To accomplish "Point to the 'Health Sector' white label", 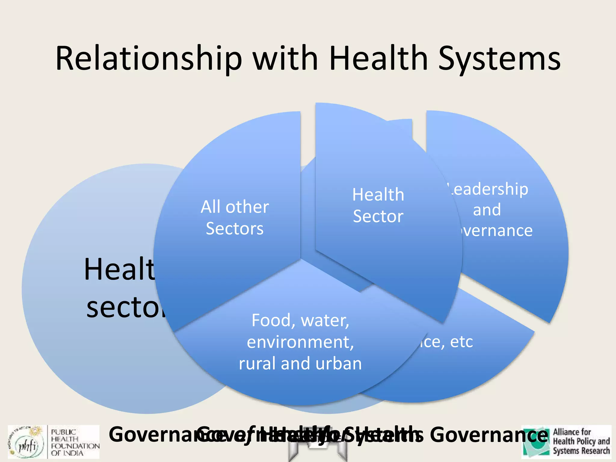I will [x=378, y=205].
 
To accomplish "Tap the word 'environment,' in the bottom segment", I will [x=300, y=342].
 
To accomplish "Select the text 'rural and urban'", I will [x=300, y=363].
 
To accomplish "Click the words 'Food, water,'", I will [x=300, y=320].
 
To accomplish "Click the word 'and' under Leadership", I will [x=487, y=210].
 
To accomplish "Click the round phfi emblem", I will [x=27, y=442].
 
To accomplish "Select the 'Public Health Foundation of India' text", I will [x=75, y=442].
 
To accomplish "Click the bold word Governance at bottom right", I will [x=489, y=435].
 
